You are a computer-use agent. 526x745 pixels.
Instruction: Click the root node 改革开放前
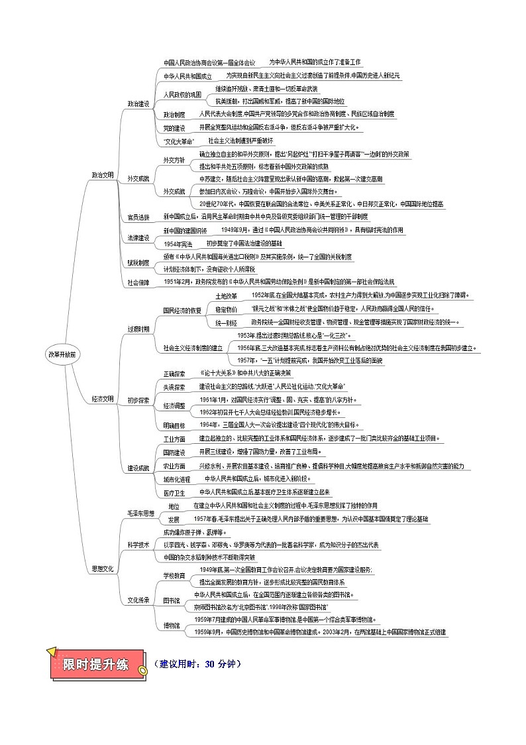(x=62, y=354)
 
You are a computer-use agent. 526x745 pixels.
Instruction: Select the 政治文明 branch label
(x=103, y=174)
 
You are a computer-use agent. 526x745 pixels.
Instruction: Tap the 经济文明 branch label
(x=103, y=399)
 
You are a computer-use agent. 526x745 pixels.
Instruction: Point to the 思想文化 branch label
(x=103, y=569)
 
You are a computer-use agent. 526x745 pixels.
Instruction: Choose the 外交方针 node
(x=174, y=160)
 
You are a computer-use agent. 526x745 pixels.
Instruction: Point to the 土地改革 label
(x=226, y=295)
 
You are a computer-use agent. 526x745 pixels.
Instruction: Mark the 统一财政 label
(x=226, y=322)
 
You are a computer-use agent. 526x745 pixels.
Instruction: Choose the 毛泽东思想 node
(x=140, y=513)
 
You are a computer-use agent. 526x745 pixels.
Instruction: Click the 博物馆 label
(x=172, y=626)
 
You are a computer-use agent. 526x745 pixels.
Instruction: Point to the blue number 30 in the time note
(x=211, y=663)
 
